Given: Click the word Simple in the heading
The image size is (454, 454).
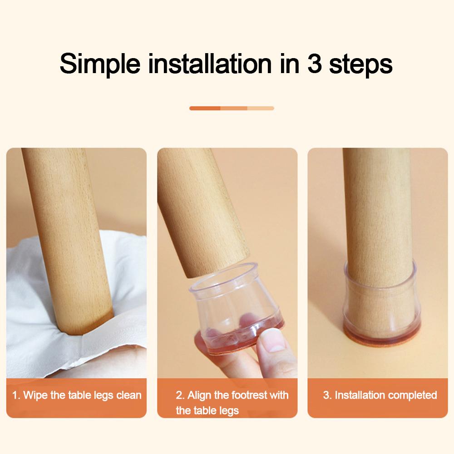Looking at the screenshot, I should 100,64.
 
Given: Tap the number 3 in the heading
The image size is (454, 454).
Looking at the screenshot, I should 315,64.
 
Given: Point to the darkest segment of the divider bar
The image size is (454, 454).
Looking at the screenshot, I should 205,109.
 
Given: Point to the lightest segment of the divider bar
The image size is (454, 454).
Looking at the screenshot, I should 261,109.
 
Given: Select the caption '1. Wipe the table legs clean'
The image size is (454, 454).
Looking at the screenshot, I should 76,395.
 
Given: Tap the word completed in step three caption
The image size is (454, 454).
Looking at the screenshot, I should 409,395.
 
